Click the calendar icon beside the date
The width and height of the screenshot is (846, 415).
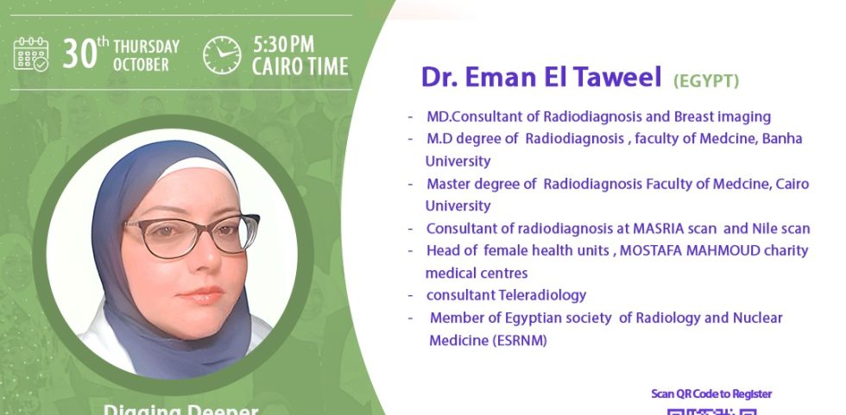(31, 53)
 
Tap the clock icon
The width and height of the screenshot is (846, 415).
(223, 55)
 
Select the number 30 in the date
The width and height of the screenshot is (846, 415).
(79, 54)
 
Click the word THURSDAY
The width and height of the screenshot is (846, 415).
(146, 47)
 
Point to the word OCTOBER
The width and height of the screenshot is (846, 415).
(141, 65)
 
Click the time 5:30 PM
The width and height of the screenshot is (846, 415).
(283, 44)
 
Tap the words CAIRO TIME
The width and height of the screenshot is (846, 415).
(300, 66)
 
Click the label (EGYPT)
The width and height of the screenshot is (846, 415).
(706, 81)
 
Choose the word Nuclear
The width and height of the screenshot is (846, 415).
(758, 318)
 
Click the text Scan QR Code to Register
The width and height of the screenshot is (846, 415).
(711, 394)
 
